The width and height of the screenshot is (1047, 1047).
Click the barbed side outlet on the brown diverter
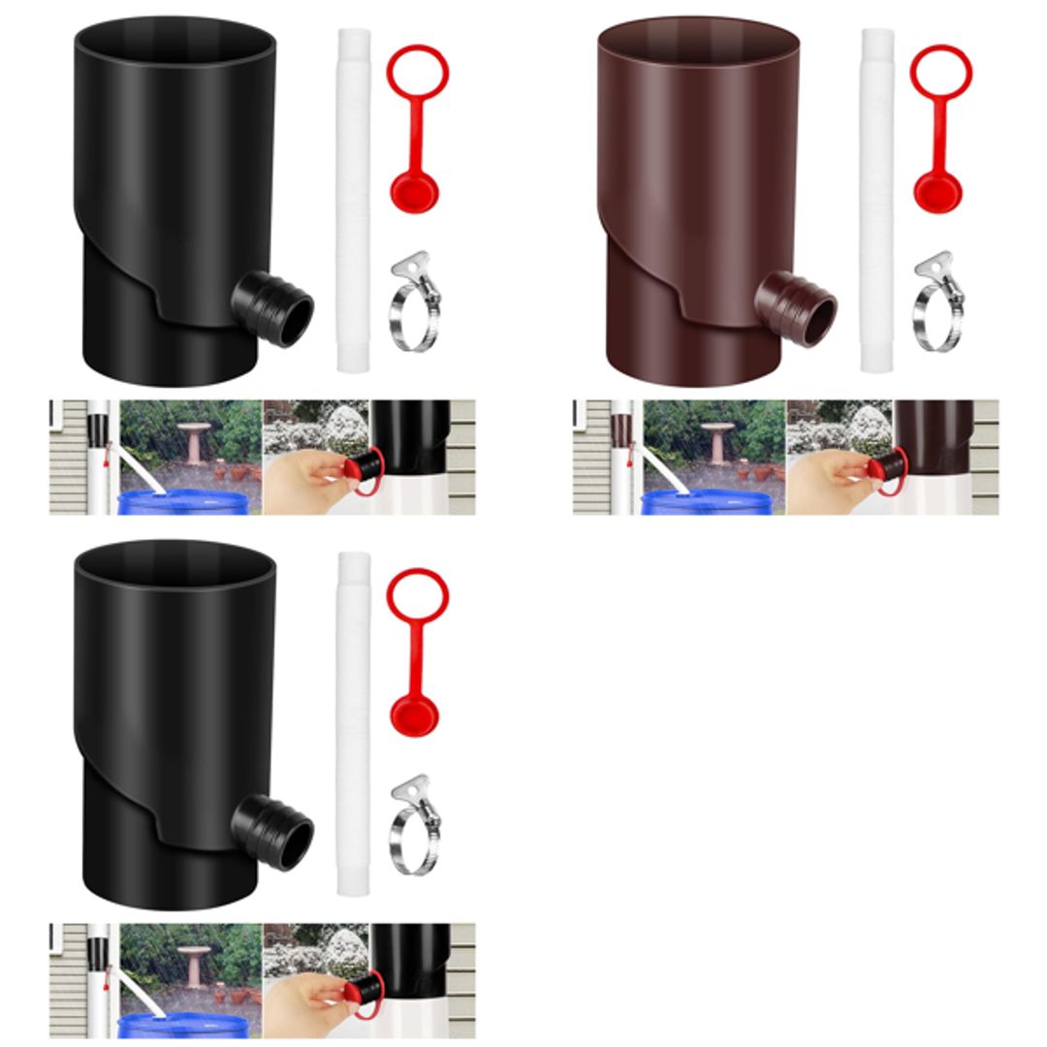(x=798, y=308)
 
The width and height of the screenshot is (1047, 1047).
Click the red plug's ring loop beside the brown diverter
(x=940, y=72)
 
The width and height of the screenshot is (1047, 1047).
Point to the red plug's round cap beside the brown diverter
(x=937, y=191)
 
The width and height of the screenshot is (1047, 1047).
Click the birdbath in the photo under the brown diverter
(x=718, y=441)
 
